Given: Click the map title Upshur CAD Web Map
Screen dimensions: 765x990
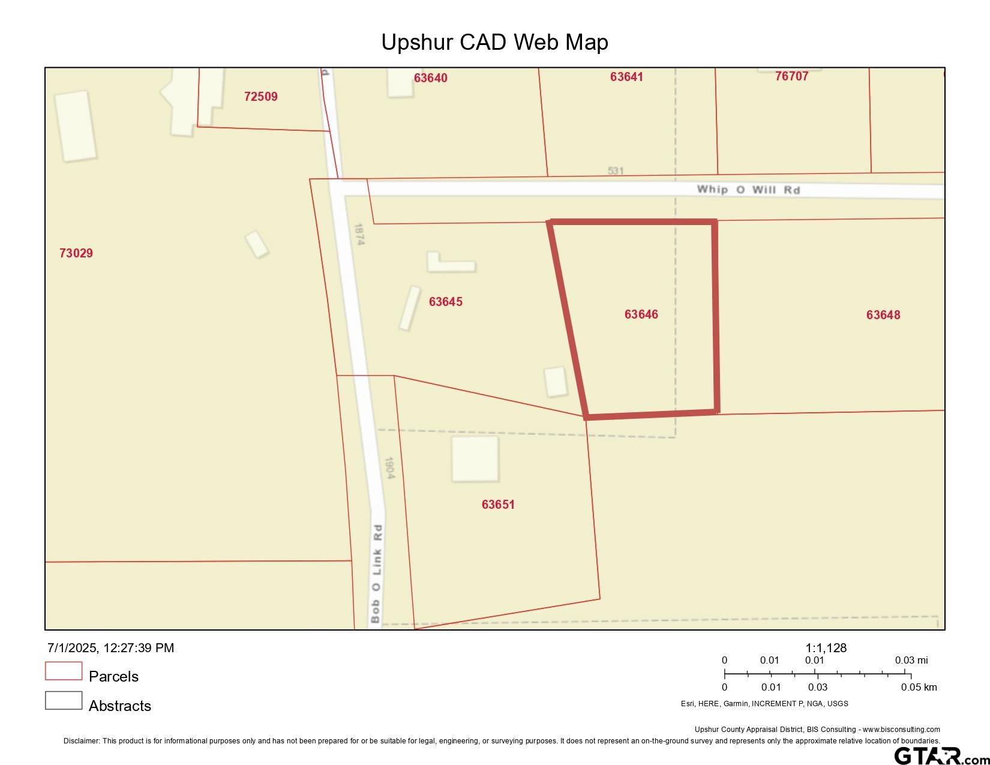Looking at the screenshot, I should (x=494, y=42).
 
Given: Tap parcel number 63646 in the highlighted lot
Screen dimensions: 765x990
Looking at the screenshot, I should (x=641, y=314).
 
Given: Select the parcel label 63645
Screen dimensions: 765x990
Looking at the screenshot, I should (x=445, y=302).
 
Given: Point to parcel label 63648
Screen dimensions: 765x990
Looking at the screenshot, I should (x=883, y=315).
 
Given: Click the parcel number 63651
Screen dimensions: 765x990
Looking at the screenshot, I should (x=498, y=505).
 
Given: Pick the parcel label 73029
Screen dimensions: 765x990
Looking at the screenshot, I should (x=76, y=253).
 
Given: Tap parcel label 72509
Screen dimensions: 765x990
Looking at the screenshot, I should (x=261, y=97).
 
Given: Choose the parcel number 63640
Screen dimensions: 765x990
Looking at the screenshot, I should (x=430, y=78).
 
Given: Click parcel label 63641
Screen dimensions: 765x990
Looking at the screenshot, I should (x=626, y=77).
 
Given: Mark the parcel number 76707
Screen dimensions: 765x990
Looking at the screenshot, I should (x=791, y=76).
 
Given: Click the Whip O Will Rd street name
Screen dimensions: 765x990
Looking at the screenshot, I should (x=748, y=190).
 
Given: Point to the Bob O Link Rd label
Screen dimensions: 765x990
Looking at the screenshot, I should (x=376, y=574).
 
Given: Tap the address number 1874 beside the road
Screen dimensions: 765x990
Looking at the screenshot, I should (x=359, y=234).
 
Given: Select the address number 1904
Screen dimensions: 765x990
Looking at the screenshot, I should (x=389, y=468).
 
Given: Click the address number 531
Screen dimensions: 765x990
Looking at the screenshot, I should (x=616, y=171).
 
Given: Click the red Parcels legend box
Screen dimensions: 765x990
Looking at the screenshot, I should (x=64, y=671).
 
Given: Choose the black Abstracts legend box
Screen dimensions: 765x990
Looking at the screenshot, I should (x=64, y=700).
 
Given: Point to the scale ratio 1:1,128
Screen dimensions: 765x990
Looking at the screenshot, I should (x=826, y=648).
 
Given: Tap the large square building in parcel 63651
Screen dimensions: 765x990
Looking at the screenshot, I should (x=475, y=459).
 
